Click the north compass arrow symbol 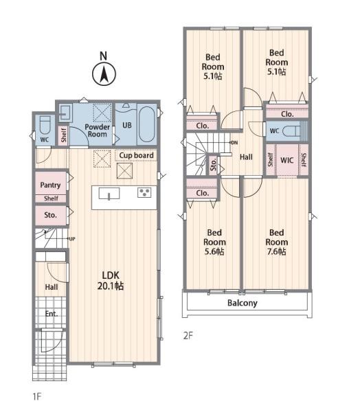pyautogui.click(x=104, y=74)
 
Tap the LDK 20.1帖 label pyautogui.click(x=111, y=281)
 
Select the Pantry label pyautogui.click(x=50, y=185)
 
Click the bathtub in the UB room pyautogui.click(x=146, y=124)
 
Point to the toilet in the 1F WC pyautogui.click(x=45, y=125)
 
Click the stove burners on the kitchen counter pyautogui.click(x=144, y=192)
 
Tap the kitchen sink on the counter pyautogui.click(x=109, y=194)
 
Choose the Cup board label pyautogui.click(x=136, y=155)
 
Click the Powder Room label pyautogui.click(x=98, y=130)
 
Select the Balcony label pyautogui.click(x=243, y=303)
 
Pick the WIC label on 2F pyautogui.click(x=286, y=160)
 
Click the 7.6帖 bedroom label pyautogui.click(x=277, y=242)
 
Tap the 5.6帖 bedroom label pyautogui.click(x=214, y=242)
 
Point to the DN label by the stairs pyautogui.click(x=234, y=143)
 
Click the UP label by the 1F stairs pyautogui.click(x=71, y=239)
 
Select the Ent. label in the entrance pyautogui.click(x=52, y=314)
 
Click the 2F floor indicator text pyautogui.click(x=188, y=336)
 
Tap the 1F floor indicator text pyautogui.click(x=37, y=396)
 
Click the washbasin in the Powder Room pyautogui.click(x=65, y=113)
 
